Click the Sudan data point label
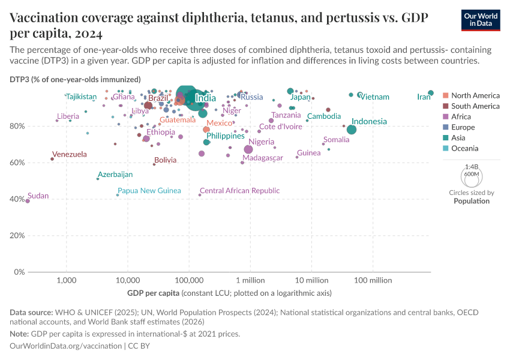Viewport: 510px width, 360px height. pyautogui.click(x=38, y=196)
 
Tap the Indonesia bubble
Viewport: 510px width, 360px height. pyautogui.click(x=352, y=130)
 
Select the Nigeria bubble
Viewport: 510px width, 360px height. pyautogui.click(x=248, y=149)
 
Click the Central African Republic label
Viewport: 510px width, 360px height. pyautogui.click(x=239, y=191)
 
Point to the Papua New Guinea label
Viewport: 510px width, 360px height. pyautogui.click(x=149, y=191)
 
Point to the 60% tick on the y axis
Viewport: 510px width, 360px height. pyautogui.click(x=17, y=163)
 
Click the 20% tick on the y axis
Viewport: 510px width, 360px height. pyautogui.click(x=17, y=236)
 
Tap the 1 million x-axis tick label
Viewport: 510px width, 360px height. pyautogui.click(x=250, y=280)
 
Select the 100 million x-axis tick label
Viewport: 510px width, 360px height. pyautogui.click(x=373, y=280)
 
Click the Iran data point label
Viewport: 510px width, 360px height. pyautogui.click(x=424, y=97)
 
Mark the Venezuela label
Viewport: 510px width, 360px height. pyautogui.click(x=69, y=154)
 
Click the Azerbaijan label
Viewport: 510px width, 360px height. pyautogui.click(x=115, y=175)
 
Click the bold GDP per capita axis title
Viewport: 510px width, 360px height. pyautogui.click(x=153, y=293)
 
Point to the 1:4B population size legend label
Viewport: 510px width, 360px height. pyautogui.click(x=472, y=167)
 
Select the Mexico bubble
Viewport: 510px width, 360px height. pyautogui.click(x=206, y=130)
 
